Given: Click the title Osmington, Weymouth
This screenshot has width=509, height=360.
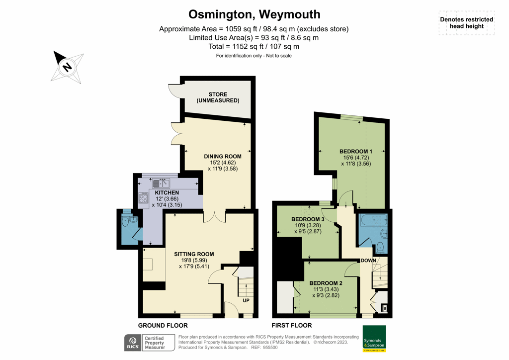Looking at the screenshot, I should pos(254,14).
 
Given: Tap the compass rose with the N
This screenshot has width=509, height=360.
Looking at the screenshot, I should pos(67,66).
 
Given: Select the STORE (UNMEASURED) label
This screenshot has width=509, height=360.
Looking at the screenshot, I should pos(218,97).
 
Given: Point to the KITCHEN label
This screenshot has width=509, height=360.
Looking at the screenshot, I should pos(167,193).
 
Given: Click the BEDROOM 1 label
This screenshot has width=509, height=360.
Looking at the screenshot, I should pos(355,152).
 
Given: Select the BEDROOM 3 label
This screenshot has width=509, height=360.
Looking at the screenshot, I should pos(308,219).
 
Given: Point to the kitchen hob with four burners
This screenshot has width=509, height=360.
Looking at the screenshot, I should pos(144,199).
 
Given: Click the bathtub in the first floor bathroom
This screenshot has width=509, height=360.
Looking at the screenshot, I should pos(373,219).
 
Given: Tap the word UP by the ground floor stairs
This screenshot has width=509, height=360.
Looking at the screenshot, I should pos(246,301).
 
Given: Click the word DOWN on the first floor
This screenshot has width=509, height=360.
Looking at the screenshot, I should pos(368,261).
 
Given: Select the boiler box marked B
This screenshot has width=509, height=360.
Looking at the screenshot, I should pos(384,309).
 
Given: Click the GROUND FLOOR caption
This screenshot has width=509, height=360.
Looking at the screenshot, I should pos(163,326).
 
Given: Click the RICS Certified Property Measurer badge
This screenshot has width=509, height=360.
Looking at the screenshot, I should pos(148,343).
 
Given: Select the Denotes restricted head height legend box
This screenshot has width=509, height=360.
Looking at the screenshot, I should pos(466,23).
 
